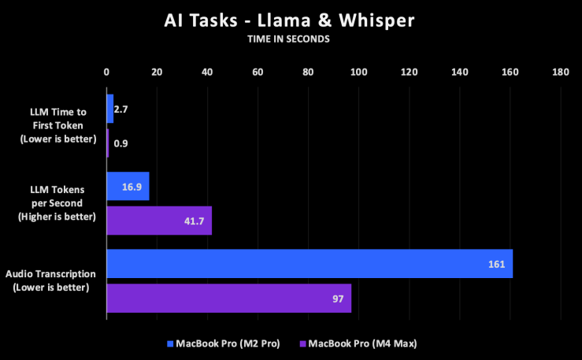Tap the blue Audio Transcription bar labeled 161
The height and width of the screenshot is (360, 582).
click(309, 264)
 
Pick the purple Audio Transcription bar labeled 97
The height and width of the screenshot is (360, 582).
click(228, 299)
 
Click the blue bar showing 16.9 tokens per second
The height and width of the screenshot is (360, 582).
click(128, 186)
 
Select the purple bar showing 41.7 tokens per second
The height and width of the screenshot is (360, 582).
click(159, 221)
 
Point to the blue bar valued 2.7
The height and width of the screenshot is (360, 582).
click(110, 108)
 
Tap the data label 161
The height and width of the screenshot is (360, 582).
click(496, 264)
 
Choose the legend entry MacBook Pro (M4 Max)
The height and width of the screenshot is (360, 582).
click(358, 343)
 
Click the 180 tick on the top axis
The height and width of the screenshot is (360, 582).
click(560, 72)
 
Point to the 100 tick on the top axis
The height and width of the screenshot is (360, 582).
click(358, 72)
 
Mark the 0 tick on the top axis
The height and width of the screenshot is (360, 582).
click(106, 72)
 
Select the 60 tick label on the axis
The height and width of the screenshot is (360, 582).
click(258, 72)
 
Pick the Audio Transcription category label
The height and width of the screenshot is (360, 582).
click(51, 280)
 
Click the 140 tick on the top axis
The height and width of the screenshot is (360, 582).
click(459, 72)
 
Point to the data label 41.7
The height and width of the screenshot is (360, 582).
click(193, 221)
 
